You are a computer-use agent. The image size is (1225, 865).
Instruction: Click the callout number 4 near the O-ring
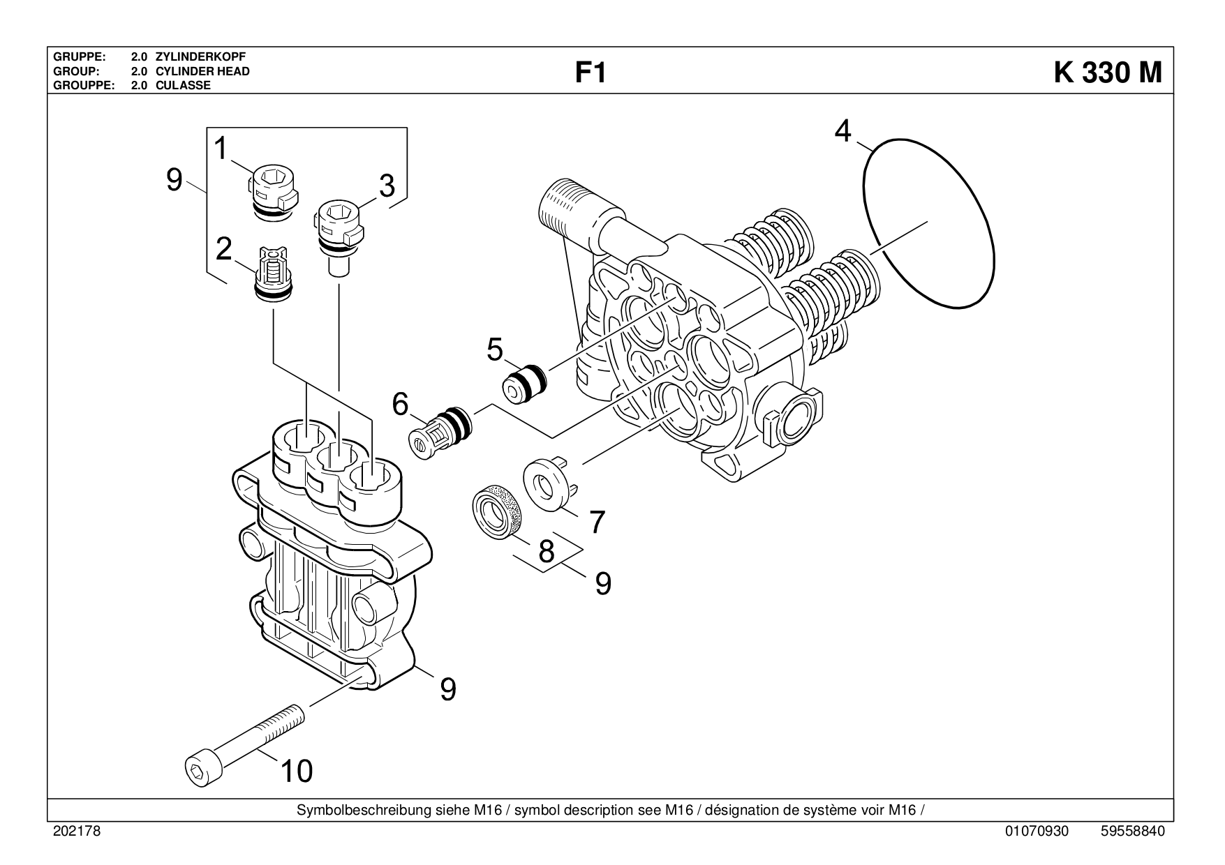tap(843, 130)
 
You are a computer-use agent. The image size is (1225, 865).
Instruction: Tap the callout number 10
tap(296, 770)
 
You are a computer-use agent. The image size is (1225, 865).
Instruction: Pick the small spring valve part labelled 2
tap(271, 275)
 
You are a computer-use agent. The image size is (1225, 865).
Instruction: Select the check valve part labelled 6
tap(440, 432)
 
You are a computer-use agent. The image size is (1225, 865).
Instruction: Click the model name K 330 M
tap(1108, 72)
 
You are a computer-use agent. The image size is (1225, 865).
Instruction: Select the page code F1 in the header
tap(590, 73)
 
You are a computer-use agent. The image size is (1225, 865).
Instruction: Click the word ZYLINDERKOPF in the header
tap(200, 57)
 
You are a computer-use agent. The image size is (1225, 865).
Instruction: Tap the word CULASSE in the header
tap(183, 86)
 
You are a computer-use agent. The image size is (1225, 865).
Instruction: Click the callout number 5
tap(494, 349)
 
